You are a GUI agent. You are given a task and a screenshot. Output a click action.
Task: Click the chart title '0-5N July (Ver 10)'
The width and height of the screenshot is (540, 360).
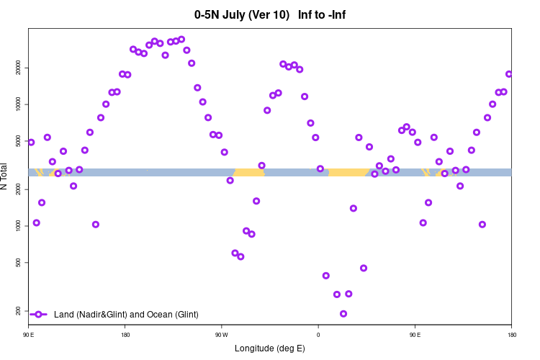pyautogui.click(x=242, y=14)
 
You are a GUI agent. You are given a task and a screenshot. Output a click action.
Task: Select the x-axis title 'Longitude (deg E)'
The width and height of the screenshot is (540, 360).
pyautogui.click(x=270, y=348)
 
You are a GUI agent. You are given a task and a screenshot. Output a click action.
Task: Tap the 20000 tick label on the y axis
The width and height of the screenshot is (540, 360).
pyautogui.click(x=17, y=68)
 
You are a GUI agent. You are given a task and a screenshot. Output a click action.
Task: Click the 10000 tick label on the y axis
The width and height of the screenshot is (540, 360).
pyautogui.click(x=17, y=104)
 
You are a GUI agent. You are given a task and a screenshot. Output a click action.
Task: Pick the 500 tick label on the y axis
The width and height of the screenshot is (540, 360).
pyautogui.click(x=17, y=262)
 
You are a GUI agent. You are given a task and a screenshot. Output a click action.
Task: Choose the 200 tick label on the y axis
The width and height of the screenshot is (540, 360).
pyautogui.click(x=17, y=310)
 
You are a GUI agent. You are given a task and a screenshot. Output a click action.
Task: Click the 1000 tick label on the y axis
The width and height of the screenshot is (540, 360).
pyautogui.click(x=17, y=225)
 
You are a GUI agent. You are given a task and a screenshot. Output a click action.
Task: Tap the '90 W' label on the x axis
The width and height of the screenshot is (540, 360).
pyautogui.click(x=221, y=335)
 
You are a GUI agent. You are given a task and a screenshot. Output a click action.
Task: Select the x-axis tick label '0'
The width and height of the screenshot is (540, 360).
pyautogui.click(x=318, y=335)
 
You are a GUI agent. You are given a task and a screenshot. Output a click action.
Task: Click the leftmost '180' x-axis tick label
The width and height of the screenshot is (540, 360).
pyautogui.click(x=125, y=335)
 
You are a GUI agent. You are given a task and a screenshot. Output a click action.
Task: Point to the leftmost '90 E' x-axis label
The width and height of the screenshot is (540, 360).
pyautogui.click(x=29, y=335)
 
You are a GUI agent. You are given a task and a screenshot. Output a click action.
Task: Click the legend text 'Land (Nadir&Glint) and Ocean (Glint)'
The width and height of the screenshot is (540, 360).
pyautogui.click(x=126, y=315)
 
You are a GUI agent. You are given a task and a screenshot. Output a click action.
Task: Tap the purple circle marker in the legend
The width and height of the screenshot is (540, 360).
pyautogui.click(x=39, y=315)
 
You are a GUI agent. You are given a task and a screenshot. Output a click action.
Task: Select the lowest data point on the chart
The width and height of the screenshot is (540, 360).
pyautogui.click(x=343, y=314)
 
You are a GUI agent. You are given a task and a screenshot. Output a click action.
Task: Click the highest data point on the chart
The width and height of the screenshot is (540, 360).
pyautogui.click(x=181, y=40)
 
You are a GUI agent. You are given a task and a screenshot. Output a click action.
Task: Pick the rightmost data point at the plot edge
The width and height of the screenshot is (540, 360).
pyautogui.click(x=509, y=74)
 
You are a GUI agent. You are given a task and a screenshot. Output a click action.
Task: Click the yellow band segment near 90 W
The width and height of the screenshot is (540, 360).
pyautogui.click(x=249, y=172)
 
